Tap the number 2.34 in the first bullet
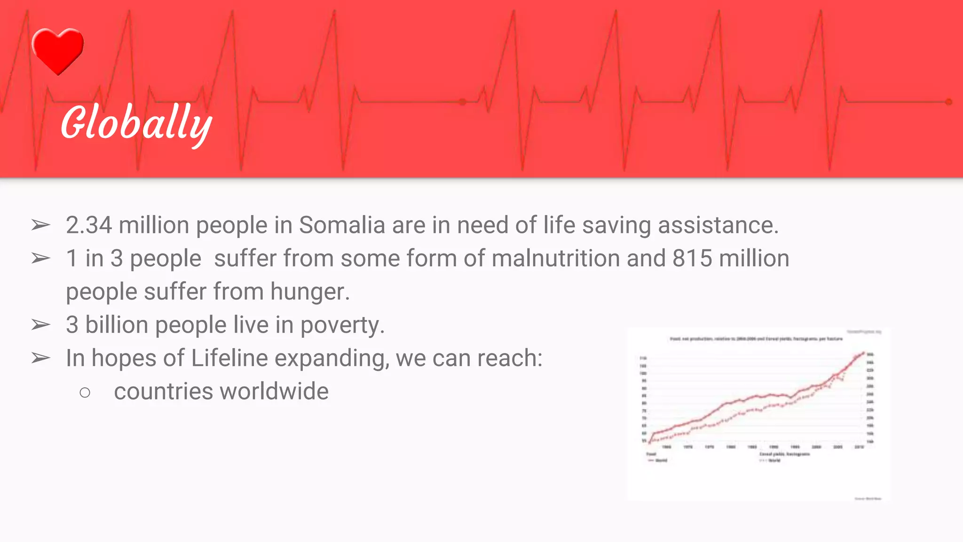(89, 225)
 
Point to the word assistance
(718, 225)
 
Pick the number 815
(692, 259)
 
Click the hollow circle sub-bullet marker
(85, 392)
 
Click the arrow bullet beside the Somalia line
(41, 225)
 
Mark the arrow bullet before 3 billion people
(41, 325)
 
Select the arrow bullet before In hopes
(41, 359)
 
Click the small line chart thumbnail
(758, 414)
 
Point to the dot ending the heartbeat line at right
(948, 102)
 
